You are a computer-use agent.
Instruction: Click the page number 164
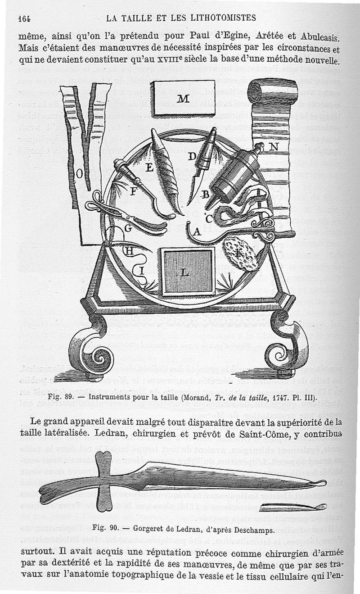(x=25, y=18)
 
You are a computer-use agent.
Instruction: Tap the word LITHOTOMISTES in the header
(x=223, y=18)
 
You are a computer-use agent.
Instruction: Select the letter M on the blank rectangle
(x=183, y=99)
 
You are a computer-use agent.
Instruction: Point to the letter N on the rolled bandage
(x=274, y=147)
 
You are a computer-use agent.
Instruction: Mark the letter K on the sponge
(x=238, y=253)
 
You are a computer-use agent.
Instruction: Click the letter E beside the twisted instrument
(x=150, y=168)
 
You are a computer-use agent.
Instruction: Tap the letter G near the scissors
(x=128, y=228)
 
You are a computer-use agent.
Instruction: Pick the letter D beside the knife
(x=192, y=156)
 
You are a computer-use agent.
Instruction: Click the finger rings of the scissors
(x=96, y=202)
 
